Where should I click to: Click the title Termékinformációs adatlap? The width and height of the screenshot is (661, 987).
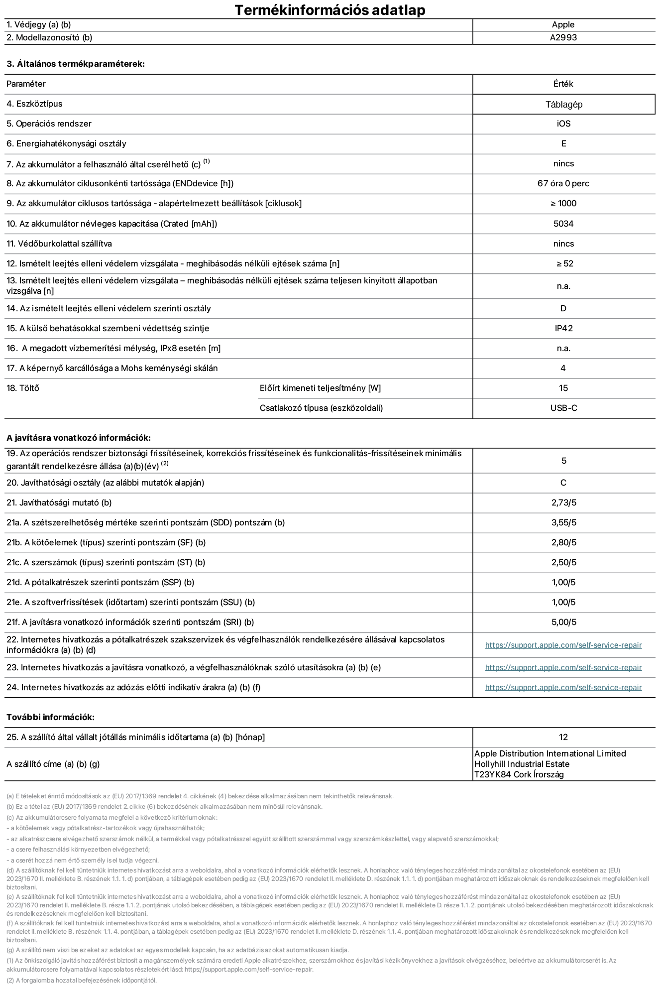tap(330, 10)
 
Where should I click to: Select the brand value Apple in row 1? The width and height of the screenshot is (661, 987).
tap(563, 25)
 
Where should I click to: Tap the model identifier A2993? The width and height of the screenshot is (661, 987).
tap(563, 38)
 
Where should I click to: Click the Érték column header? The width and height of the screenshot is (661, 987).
tap(563, 84)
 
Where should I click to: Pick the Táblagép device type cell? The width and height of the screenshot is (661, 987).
tap(563, 105)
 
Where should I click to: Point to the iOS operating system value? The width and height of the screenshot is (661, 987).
tap(563, 124)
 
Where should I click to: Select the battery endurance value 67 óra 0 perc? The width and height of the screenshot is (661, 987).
tap(563, 184)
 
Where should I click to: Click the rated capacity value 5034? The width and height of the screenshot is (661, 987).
tap(563, 224)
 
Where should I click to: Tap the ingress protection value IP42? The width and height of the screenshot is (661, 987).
tap(563, 329)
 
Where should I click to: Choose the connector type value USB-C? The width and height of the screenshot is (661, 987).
tap(563, 408)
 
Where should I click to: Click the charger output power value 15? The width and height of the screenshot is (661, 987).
tap(563, 388)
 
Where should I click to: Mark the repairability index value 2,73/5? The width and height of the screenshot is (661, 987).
tap(563, 503)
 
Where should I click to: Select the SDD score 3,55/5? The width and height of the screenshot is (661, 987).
tap(563, 523)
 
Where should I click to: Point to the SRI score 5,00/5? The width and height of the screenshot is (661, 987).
tap(563, 622)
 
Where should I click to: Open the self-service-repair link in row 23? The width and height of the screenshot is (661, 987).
tap(563, 668)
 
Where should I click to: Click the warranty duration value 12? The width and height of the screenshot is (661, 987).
tap(563, 738)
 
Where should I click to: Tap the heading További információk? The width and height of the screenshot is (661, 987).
tap(50, 718)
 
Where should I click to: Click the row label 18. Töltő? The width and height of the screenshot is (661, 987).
tap(23, 388)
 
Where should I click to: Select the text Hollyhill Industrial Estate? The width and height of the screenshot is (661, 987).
tap(522, 764)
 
